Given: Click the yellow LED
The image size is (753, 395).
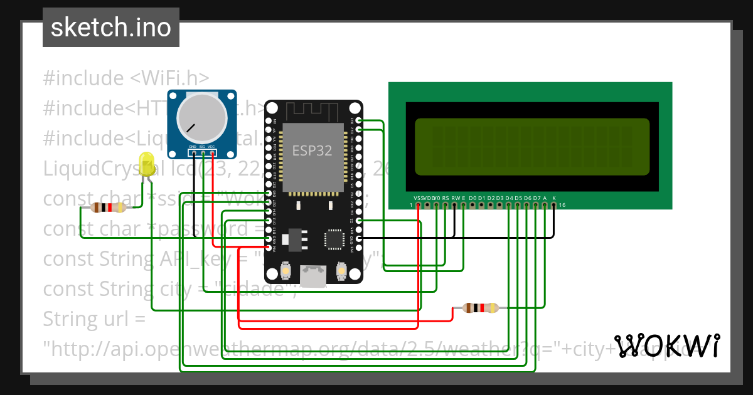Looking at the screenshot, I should [147, 164].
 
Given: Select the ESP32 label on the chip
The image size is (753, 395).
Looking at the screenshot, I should [312, 150].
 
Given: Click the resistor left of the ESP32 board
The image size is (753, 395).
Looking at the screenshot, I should [109, 208].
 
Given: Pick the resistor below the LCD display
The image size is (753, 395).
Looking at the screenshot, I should [481, 308].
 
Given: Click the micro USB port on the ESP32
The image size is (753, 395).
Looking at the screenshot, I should [313, 276].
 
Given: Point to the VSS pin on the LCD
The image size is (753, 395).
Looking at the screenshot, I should [419, 204].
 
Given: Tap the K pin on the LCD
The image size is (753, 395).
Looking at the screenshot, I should [553, 204].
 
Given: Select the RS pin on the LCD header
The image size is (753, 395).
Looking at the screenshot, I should [446, 204].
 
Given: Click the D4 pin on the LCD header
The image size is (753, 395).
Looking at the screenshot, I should [508, 204].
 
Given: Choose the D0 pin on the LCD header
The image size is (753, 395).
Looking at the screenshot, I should [473, 204].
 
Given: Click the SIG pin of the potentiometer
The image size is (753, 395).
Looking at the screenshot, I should [203, 153].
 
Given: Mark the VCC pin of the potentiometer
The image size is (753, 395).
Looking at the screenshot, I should [213, 153].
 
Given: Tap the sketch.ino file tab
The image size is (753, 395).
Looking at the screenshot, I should [111, 28].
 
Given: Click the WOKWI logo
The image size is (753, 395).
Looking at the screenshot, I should [666, 346].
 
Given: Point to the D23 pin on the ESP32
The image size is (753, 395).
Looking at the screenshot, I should [358, 120].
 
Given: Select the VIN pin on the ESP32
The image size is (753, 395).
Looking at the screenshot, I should [269, 248].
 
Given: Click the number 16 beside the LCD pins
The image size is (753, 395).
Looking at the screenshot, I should [562, 205].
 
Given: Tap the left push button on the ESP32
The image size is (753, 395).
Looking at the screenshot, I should [286, 270].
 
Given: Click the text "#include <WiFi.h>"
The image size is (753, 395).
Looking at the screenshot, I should [125, 78].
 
